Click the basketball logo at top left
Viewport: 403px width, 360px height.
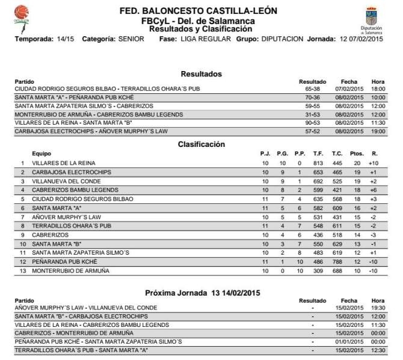[22, 13]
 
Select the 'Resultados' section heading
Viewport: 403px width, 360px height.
[201, 74]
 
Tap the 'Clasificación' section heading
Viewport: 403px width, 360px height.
[201, 144]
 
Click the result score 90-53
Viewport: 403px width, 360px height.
[312, 122]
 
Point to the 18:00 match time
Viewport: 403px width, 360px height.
[378, 88]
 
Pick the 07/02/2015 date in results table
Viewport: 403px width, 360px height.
[349, 88]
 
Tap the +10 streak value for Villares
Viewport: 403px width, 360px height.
[373, 163]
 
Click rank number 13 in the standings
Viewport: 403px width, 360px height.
[22, 271]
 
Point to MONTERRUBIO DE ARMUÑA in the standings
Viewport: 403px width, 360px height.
[70, 271]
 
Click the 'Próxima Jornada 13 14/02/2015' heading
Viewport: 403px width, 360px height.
[201, 293]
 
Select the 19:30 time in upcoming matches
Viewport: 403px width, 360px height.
[378, 307]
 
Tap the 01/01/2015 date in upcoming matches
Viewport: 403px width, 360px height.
[349, 341]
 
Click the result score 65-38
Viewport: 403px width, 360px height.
[312, 88]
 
